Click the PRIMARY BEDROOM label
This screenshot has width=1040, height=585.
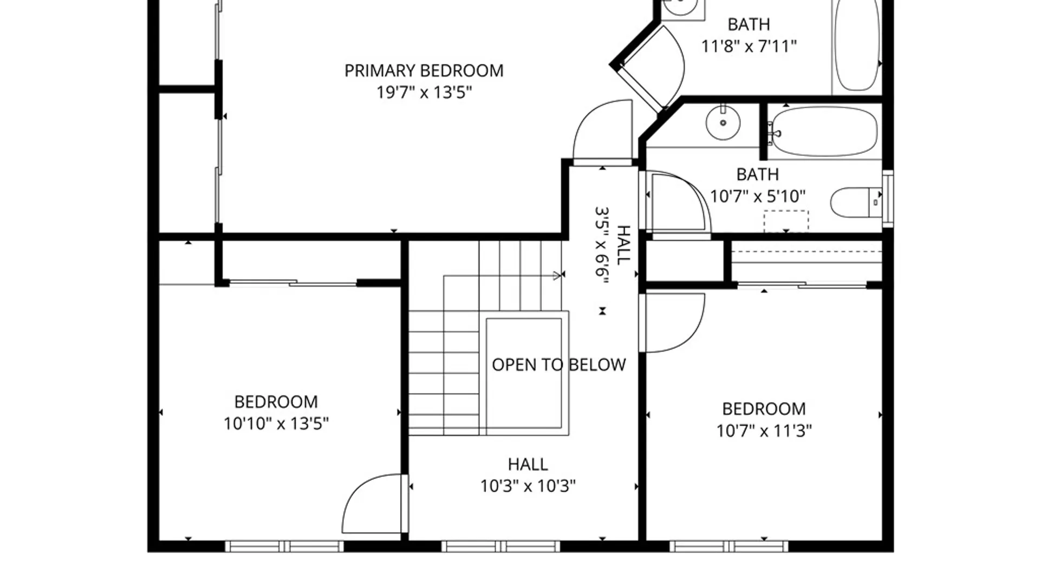tap(424, 71)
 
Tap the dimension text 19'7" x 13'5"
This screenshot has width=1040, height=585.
tap(424, 93)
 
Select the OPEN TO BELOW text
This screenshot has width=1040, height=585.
tap(558, 365)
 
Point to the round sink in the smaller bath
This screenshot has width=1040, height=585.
tap(723, 122)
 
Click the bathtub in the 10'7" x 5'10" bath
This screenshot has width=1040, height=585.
tap(823, 131)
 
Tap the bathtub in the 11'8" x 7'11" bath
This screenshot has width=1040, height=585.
tap(856, 46)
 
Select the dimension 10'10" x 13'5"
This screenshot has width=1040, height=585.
tap(276, 424)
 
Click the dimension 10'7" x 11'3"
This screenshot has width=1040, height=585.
tap(764, 431)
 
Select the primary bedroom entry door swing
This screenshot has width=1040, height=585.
tap(602, 131)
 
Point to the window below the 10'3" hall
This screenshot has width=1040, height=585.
tap(500, 546)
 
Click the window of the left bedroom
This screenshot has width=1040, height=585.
tap(284, 546)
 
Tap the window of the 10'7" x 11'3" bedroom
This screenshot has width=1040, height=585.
tap(729, 546)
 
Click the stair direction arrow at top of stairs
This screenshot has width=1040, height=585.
tap(558, 276)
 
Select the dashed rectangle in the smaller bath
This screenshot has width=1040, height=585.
tap(786, 222)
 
